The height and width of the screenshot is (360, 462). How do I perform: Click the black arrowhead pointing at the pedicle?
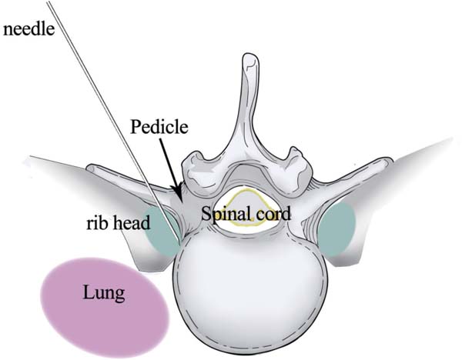click(178, 190)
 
